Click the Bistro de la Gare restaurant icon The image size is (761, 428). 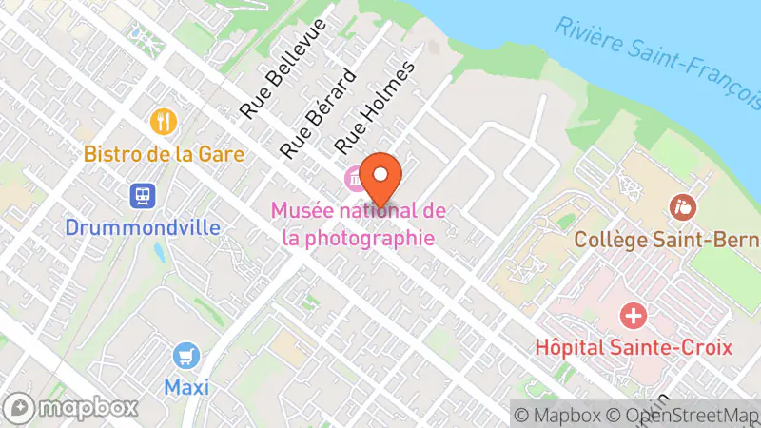pyautogui.click(x=165, y=122)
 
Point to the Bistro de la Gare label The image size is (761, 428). pyautogui.click(x=165, y=153)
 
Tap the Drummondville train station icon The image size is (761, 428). pyautogui.click(x=143, y=196)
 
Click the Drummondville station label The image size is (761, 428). pyautogui.click(x=143, y=227)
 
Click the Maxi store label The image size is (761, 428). pyautogui.click(x=186, y=387)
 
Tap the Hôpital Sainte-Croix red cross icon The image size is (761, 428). pyautogui.click(x=633, y=315)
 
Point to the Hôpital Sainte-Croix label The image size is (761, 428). pyautogui.click(x=633, y=346)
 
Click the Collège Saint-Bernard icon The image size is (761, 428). pyautogui.click(x=682, y=205)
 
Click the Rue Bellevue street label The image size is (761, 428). pyautogui.click(x=283, y=68)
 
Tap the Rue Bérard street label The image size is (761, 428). pyautogui.click(x=318, y=112)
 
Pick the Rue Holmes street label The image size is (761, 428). pyautogui.click(x=376, y=107)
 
